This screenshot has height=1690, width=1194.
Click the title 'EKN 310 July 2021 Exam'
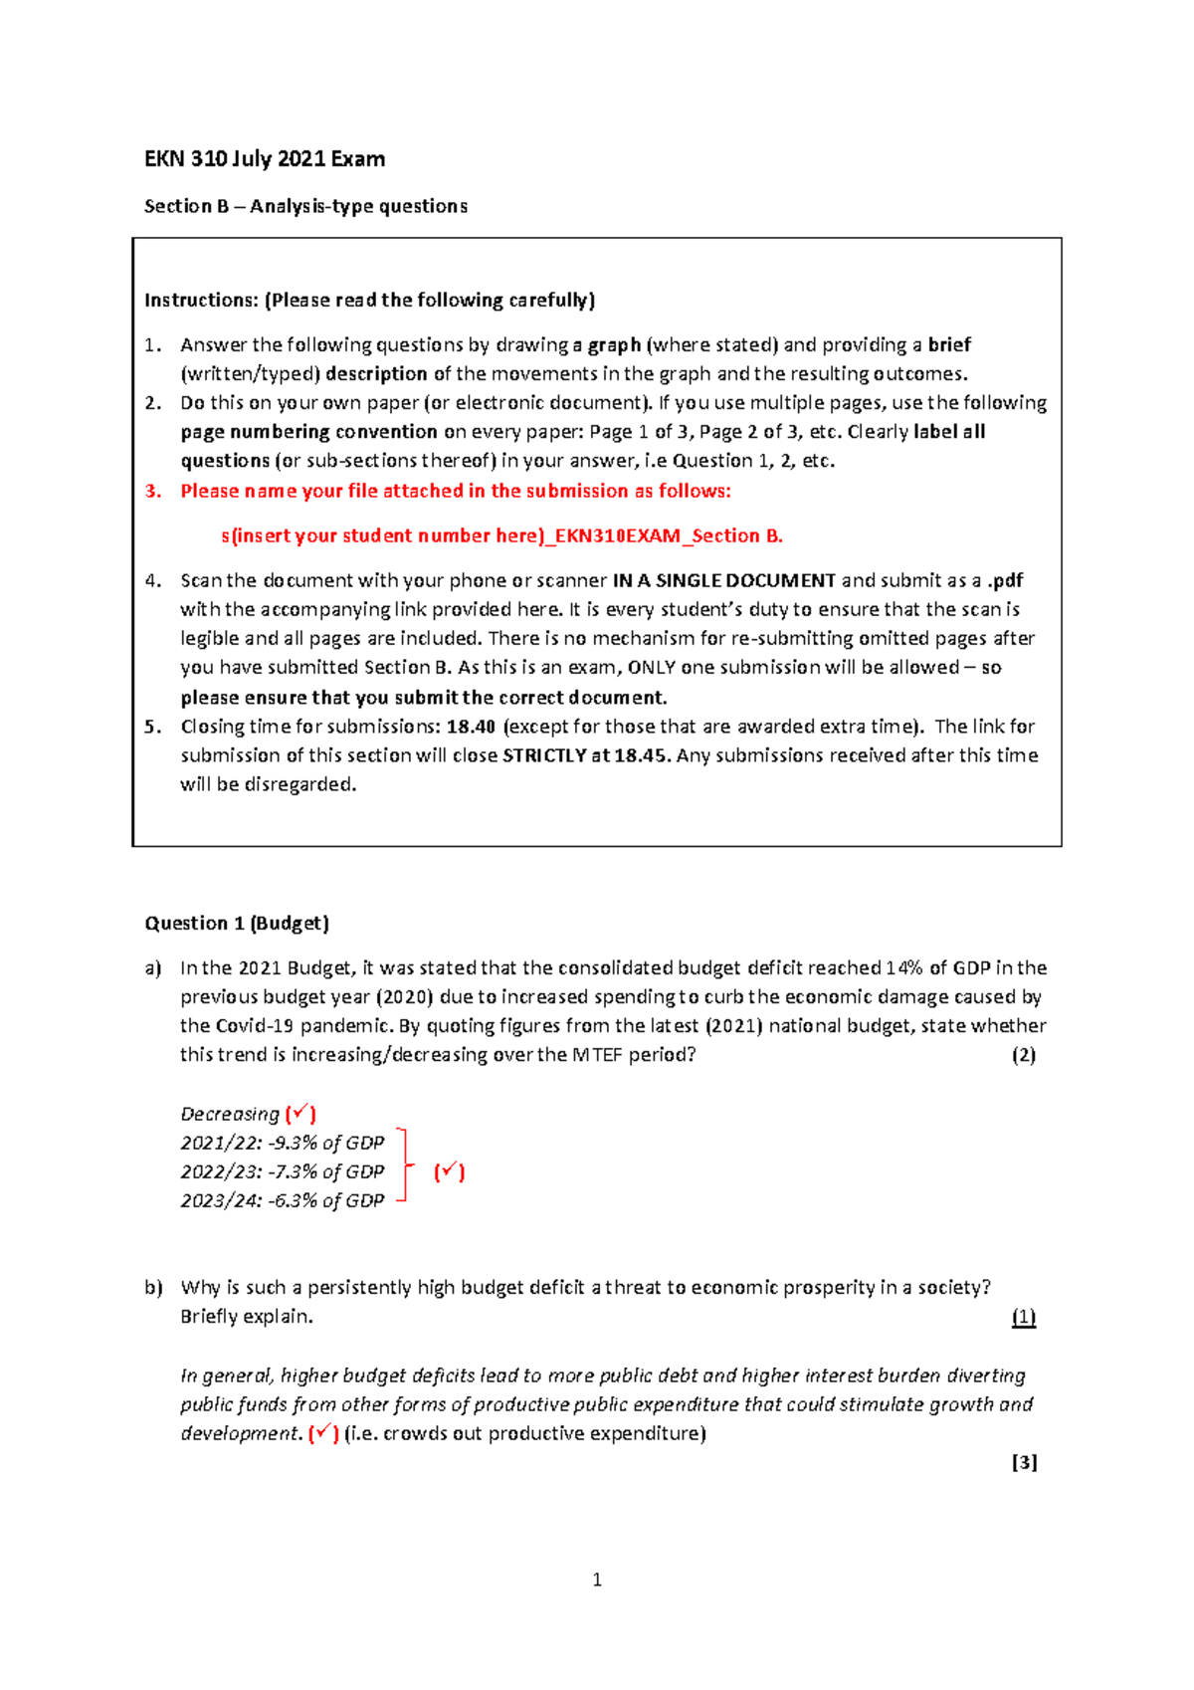265,159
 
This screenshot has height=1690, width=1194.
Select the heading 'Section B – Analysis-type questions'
305,206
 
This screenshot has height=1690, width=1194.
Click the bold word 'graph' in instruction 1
614,345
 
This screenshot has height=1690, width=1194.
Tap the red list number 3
152,491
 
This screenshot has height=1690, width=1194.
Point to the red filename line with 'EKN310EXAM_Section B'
501,535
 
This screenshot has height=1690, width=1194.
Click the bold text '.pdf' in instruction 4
1005,580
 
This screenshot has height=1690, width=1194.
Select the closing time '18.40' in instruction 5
471,727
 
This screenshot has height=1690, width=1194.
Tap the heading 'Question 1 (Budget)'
237,923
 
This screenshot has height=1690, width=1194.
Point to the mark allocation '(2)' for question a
1024,1055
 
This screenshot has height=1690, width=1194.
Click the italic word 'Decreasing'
230,1114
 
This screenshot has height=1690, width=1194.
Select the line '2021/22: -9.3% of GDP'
282,1143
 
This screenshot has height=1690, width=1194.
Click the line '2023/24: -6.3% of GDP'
282,1200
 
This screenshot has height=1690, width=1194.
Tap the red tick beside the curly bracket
449,1171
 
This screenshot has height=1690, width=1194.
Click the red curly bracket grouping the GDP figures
403,1166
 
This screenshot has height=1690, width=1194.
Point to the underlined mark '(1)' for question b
1024,1317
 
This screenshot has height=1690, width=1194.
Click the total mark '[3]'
1024,1462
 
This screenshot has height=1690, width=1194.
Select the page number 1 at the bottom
597,1580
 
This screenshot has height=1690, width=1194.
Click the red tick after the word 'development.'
323,1433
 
